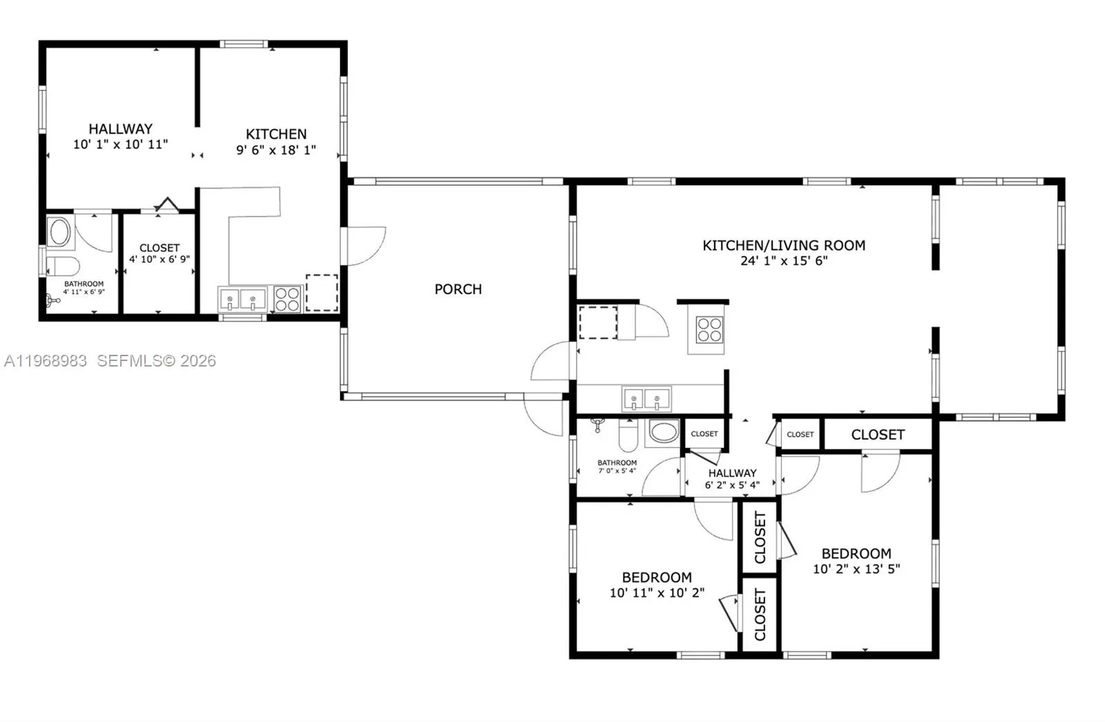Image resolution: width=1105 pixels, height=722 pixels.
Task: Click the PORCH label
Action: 458,289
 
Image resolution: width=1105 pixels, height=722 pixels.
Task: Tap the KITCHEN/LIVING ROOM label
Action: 784,245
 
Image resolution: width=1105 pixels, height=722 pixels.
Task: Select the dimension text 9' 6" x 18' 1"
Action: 276,150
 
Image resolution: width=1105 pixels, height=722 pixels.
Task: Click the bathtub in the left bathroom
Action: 60,233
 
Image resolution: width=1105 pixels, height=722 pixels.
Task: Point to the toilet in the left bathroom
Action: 63,266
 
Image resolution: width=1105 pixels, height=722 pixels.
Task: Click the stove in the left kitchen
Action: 287,299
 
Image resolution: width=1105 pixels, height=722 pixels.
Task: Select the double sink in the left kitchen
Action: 242,300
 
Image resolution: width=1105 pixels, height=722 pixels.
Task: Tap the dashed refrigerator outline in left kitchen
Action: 322,293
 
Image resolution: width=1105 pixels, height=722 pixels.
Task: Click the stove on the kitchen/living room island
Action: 709,330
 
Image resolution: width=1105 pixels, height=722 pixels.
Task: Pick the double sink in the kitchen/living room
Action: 646,398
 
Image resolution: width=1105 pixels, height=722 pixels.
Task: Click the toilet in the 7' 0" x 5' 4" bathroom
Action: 628,436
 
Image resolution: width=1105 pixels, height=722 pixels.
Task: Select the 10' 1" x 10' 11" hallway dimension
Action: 120,144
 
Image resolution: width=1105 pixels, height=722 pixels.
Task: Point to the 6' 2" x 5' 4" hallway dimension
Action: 732,485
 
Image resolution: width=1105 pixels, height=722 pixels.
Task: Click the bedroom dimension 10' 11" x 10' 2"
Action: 657,593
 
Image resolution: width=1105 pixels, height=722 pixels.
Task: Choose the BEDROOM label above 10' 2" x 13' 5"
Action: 856,554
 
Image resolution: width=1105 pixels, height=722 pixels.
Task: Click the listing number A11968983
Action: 46,361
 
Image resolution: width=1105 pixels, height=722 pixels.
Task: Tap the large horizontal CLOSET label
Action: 878,434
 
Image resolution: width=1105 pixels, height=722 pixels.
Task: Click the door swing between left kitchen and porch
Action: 366,246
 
